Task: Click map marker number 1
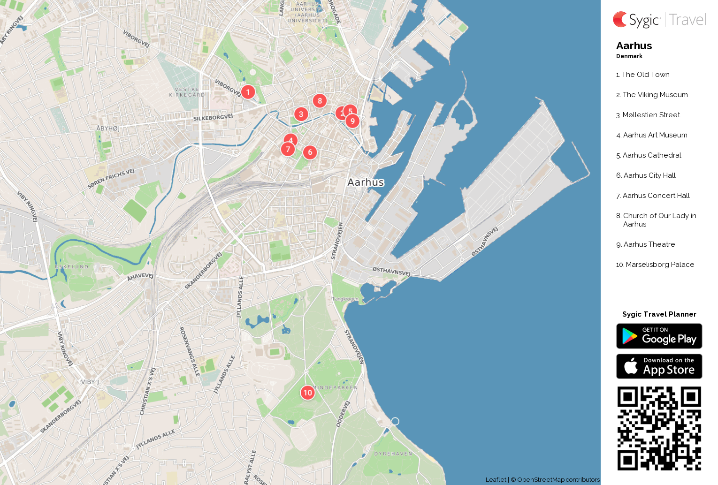[248, 92]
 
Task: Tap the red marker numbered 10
[307, 393]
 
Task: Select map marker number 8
[320, 100]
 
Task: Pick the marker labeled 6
[310, 152]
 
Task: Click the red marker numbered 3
[301, 114]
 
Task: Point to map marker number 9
[352, 121]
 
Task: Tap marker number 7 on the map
[288, 149]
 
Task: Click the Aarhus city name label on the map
[366, 182]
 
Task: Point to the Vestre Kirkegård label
[187, 92]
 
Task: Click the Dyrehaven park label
[393, 454]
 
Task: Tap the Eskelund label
[71, 267]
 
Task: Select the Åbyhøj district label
[107, 128]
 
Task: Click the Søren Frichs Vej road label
[111, 178]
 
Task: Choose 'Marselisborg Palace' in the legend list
[659, 265]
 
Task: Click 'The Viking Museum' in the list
[655, 95]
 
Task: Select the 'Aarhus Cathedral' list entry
[651, 155]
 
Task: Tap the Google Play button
[659, 336]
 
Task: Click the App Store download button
[659, 366]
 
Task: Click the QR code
[659, 428]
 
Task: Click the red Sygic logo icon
[620, 19]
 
